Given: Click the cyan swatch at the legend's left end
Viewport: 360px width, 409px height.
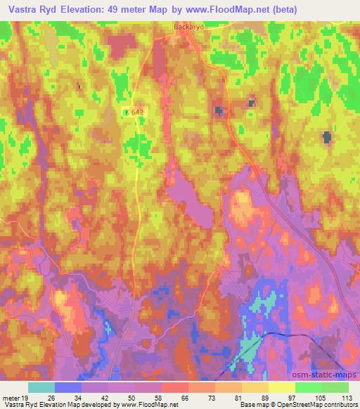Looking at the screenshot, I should point(41,387).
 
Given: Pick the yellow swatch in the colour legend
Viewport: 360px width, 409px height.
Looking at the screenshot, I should point(281,387).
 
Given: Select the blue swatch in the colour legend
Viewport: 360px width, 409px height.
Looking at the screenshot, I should point(68,387).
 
